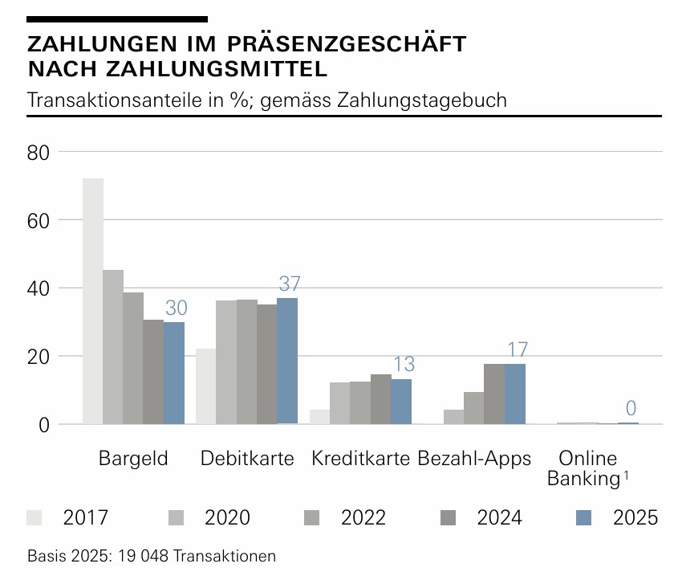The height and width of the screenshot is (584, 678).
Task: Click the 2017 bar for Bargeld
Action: tap(93, 301)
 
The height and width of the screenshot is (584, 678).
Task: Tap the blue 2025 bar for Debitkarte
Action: tap(287, 361)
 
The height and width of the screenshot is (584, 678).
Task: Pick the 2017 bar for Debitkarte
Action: tap(206, 386)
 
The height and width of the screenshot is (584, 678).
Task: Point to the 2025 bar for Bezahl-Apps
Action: tap(514, 394)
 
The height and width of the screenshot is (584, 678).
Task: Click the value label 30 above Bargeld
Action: tap(176, 308)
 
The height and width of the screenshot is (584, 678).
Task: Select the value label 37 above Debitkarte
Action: tap(289, 284)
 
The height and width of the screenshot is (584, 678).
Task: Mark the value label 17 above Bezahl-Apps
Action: tap(517, 349)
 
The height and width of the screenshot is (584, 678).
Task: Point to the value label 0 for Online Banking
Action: tap(631, 408)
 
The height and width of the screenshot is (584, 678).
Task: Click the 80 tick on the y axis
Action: tap(39, 151)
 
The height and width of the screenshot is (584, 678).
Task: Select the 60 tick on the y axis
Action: tap(39, 219)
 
